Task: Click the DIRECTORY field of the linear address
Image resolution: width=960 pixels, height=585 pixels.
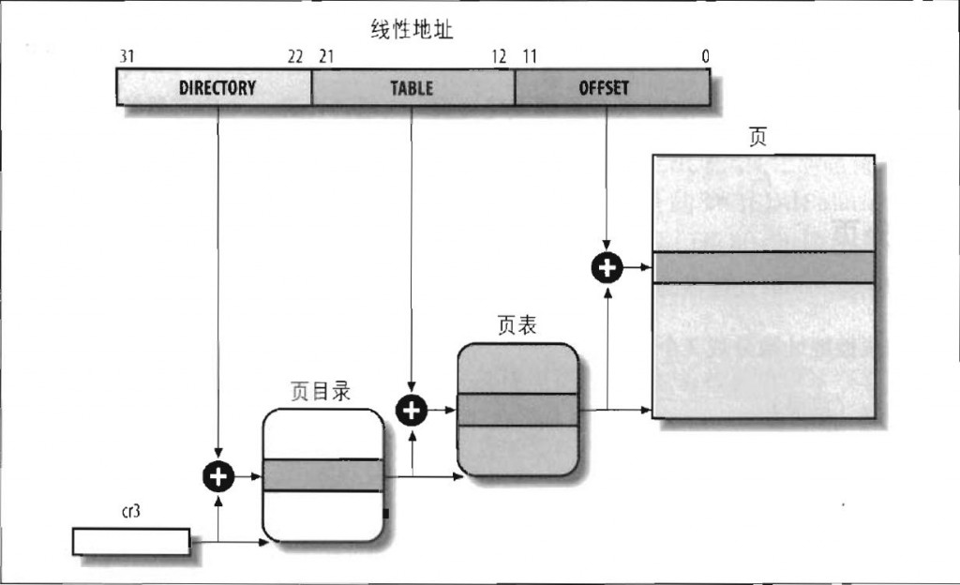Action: click(217, 88)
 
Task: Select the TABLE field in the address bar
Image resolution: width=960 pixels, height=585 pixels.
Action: click(412, 88)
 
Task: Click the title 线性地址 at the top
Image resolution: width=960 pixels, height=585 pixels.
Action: click(412, 31)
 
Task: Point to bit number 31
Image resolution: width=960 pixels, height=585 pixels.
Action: click(127, 57)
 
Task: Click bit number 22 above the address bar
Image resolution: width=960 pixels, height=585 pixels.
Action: click(295, 57)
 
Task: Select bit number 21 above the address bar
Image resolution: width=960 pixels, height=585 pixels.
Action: click(326, 57)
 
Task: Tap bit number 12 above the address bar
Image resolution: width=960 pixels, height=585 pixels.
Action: click(499, 57)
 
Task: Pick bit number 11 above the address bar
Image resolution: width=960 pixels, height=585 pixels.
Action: click(530, 57)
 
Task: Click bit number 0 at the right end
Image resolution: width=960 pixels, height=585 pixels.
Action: click(705, 57)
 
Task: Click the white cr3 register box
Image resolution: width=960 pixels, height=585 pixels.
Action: click(131, 541)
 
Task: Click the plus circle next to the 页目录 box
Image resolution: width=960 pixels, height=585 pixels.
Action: click(217, 476)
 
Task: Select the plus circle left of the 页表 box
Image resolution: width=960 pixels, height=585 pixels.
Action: click(412, 409)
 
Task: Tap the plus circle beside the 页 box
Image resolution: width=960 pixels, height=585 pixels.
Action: click(607, 268)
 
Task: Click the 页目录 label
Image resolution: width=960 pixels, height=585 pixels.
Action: click(320, 392)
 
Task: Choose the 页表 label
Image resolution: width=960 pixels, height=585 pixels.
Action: click(517, 325)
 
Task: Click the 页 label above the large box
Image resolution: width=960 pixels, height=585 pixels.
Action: click(757, 137)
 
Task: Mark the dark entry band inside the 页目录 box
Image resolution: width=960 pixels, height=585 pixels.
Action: click(323, 475)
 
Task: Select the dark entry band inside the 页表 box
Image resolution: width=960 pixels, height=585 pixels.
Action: click(517, 410)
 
